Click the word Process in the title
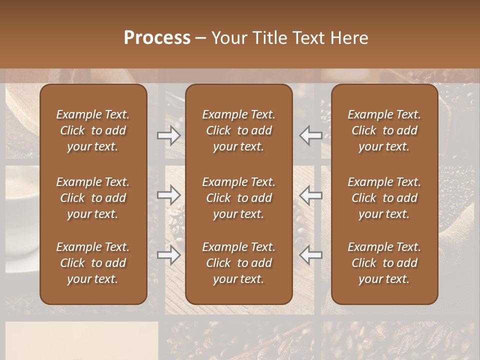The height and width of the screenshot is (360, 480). click(157, 38)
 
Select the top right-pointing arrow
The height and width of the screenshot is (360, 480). click(169, 135)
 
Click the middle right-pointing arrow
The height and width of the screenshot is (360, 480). click(169, 194)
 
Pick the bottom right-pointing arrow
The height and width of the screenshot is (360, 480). click(169, 255)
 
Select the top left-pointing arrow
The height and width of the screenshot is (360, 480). click(310, 135)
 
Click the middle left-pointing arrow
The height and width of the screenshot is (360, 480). click(310, 194)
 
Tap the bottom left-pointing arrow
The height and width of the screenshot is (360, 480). click(310, 255)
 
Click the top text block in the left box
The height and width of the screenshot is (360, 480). click(93, 130)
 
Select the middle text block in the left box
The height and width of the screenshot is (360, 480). click(93, 198)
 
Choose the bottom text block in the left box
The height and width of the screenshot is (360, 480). click(93, 263)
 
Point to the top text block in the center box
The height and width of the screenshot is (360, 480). click(238, 130)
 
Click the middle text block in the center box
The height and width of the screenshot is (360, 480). click(238, 198)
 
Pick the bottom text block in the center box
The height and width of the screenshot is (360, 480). click(238, 263)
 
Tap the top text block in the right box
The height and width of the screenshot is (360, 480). click(384, 130)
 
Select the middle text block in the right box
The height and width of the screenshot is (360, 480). click(384, 198)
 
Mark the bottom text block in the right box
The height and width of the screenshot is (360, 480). click(384, 263)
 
